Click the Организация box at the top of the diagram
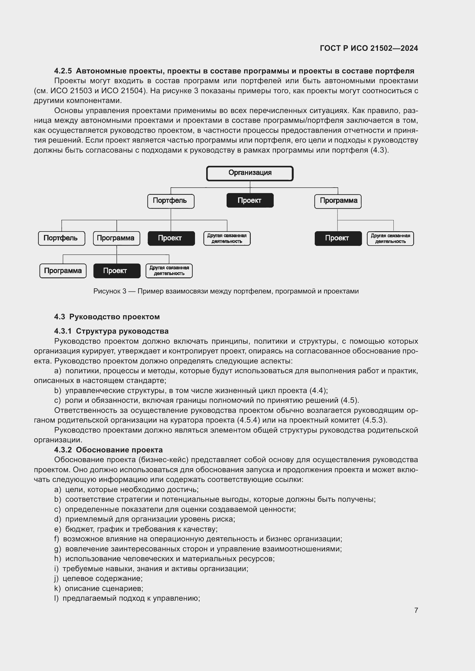[250, 173]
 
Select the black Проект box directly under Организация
[250, 201]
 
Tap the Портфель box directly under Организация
[171, 201]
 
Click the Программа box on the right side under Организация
[338, 201]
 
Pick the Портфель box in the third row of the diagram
[61, 238]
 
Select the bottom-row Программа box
[63, 271]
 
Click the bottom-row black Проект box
[117, 271]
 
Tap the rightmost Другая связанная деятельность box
[390, 238]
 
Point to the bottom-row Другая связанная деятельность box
[169, 271]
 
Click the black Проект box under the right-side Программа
[338, 238]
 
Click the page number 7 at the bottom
[416, 610]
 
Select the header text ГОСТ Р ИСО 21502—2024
[369, 48]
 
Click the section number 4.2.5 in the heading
[63, 71]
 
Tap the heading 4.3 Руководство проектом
[107, 317]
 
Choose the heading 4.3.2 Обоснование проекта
[108, 450]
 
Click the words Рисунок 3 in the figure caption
[110, 291]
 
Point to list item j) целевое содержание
[98, 578]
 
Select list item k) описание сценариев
[99, 588]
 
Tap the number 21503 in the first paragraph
[81, 91]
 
